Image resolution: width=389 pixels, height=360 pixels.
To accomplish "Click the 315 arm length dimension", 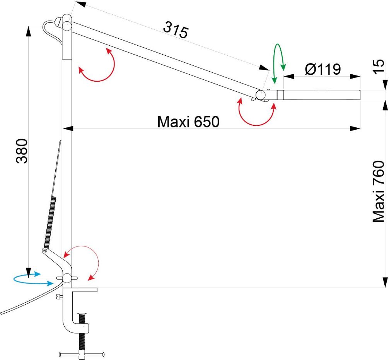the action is (x=176, y=30).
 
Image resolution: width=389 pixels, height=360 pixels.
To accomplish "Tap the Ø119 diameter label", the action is (x=323, y=69).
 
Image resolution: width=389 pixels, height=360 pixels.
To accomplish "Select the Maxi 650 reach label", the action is (x=188, y=122).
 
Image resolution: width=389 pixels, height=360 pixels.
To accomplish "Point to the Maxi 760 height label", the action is (x=379, y=192).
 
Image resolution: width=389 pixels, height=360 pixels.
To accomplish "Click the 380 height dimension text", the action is (x=22, y=151).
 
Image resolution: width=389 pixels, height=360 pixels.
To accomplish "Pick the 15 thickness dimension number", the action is (x=379, y=67).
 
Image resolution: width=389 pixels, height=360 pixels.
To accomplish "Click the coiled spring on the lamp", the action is (x=50, y=220).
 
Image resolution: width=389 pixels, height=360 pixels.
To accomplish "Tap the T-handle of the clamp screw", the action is (x=82, y=354).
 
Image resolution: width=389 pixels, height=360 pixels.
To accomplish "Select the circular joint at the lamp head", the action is (x=261, y=94).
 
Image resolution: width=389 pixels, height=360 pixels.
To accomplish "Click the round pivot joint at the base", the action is (x=67, y=278).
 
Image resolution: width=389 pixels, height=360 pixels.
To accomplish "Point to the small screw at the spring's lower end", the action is (x=44, y=250).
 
